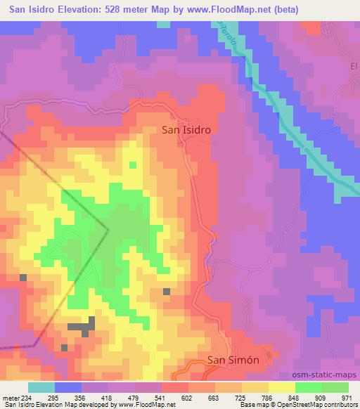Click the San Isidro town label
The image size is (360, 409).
[x=186, y=129]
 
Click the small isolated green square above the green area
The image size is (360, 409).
[x=132, y=165]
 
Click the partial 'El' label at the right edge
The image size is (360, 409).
[x=354, y=65]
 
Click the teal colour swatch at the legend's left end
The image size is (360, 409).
[x=41, y=387]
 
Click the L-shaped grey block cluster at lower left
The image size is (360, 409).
[x=84, y=325]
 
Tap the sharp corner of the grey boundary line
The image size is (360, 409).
[x=108, y=229]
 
